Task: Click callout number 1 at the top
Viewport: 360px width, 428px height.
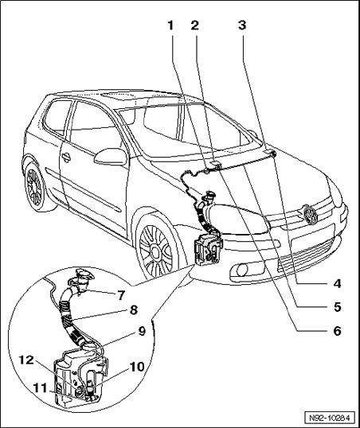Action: [x=171, y=25]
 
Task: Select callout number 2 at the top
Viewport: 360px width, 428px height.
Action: [x=194, y=25]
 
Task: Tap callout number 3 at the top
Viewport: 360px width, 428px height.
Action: [x=242, y=25]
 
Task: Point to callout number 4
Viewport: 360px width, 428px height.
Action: [x=338, y=283]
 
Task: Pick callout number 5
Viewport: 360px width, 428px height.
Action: [x=338, y=307]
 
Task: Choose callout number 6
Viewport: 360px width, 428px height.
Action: [x=338, y=331]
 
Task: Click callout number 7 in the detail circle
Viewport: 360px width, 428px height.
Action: [x=121, y=295]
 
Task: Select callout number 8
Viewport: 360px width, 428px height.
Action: [x=133, y=310]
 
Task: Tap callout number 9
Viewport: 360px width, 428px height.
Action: [x=142, y=331]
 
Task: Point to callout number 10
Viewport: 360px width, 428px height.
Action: [x=137, y=367]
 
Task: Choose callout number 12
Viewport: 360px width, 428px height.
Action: [x=26, y=360]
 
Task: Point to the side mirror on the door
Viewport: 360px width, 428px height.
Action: [x=111, y=157]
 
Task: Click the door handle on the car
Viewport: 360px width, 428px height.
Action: [x=66, y=157]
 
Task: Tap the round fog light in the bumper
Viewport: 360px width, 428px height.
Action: [x=242, y=270]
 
